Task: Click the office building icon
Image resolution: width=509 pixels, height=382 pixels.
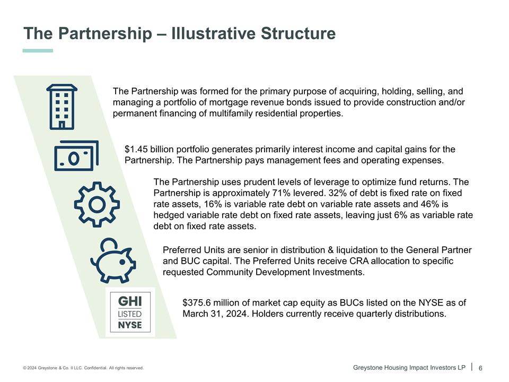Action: click(x=62, y=106)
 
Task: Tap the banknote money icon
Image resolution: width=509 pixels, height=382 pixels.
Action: click(x=76, y=155)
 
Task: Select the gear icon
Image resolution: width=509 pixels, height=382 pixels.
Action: click(x=96, y=204)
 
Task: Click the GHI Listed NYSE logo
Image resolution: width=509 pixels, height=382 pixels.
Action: click(x=130, y=312)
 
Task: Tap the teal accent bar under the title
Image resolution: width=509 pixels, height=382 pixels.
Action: click(x=38, y=50)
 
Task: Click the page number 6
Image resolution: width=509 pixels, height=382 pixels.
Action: click(x=481, y=368)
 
